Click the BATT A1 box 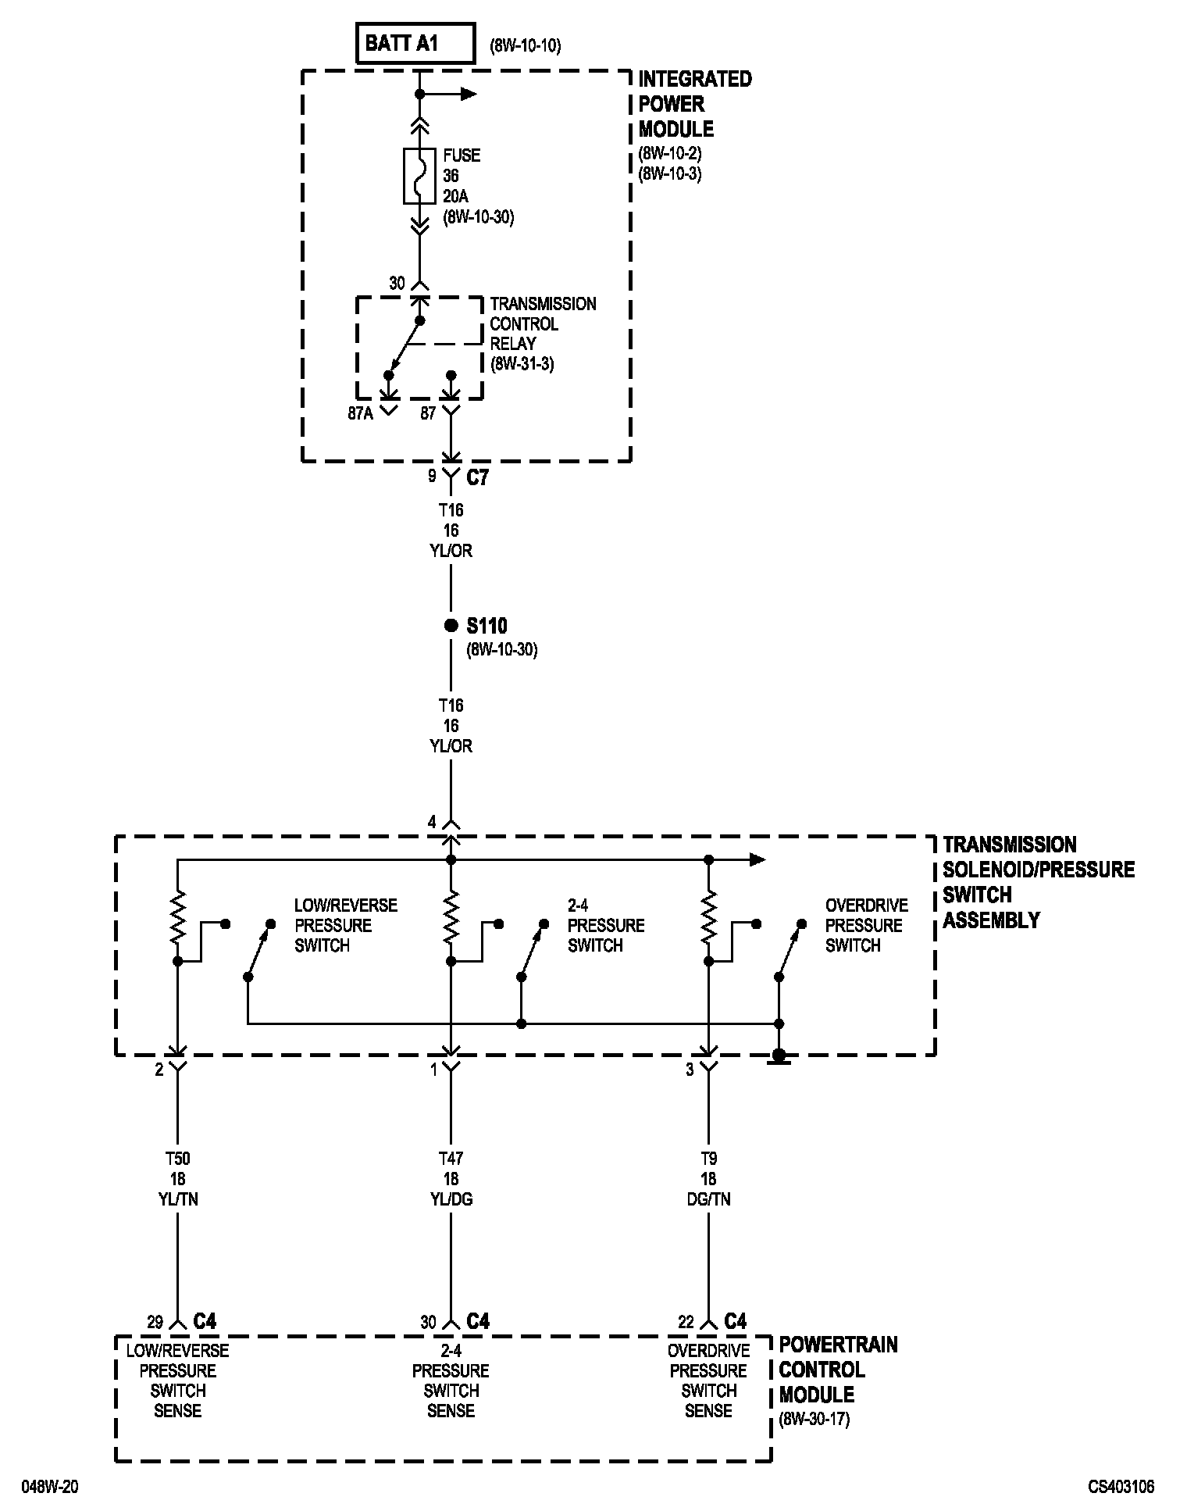(x=415, y=43)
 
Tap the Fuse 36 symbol (x=419, y=176)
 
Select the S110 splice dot (x=451, y=625)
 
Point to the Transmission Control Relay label (x=542, y=333)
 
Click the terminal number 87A (x=361, y=414)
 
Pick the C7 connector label (x=477, y=477)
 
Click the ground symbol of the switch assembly (x=779, y=1057)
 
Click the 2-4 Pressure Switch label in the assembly (x=606, y=925)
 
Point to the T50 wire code (x=177, y=1159)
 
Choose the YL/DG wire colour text (x=451, y=1199)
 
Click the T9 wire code (x=708, y=1159)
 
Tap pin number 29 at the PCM (x=155, y=1322)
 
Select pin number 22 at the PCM (x=686, y=1322)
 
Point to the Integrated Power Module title (x=694, y=104)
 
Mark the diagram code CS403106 (x=1121, y=1487)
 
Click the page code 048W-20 (x=49, y=1487)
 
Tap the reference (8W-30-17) (x=815, y=1419)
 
